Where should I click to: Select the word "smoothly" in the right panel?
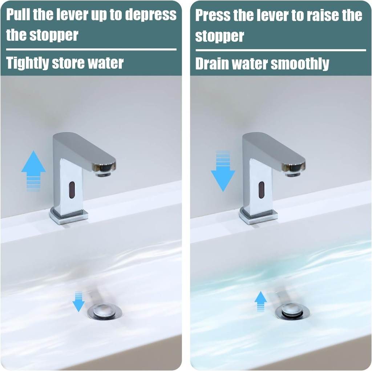point(300,64)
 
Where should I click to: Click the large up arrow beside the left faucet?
point(33,171)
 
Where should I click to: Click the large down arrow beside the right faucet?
point(223,171)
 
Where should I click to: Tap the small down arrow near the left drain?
point(78,302)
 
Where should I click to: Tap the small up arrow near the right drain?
point(260,302)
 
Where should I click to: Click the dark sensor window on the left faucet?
point(72,190)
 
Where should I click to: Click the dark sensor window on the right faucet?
point(262,190)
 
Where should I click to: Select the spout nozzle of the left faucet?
point(103,174)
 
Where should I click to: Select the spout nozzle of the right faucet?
point(293,174)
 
